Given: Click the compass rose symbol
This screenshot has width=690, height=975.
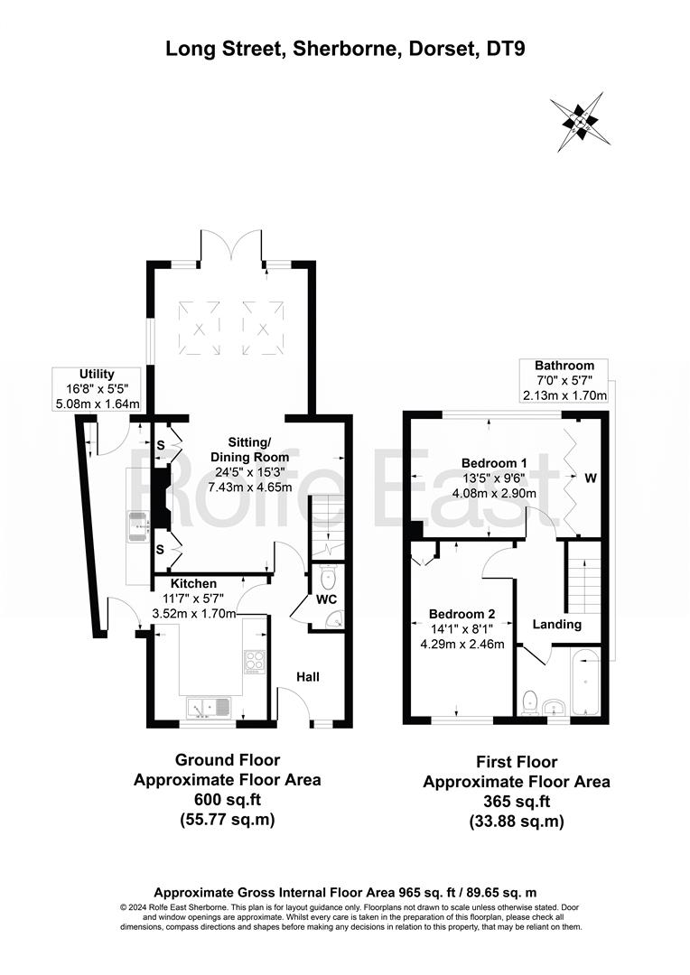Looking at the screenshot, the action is (x=580, y=121).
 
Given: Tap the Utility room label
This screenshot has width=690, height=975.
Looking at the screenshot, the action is (x=97, y=374).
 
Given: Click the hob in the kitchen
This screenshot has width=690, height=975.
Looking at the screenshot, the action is (x=255, y=662).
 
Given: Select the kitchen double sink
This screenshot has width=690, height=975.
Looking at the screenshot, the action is (x=209, y=707).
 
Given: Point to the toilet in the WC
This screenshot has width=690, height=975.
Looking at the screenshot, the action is (x=327, y=579).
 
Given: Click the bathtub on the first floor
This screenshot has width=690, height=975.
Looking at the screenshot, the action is (x=585, y=682).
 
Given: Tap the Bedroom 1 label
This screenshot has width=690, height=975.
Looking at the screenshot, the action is (x=494, y=462).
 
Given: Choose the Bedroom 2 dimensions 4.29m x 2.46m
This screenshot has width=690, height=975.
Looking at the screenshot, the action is (x=462, y=645).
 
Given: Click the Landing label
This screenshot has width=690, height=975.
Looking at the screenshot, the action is (x=557, y=625).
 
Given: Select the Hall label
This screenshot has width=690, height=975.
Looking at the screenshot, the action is (x=308, y=676).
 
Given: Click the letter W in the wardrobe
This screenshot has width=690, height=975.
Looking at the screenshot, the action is (x=591, y=478).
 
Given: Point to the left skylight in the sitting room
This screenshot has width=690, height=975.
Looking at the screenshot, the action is (x=199, y=328).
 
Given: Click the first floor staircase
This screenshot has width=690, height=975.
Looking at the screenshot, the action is (x=583, y=584).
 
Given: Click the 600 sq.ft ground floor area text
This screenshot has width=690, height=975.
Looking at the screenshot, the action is (x=227, y=799).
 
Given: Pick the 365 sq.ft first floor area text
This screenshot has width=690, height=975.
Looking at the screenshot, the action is (x=517, y=801).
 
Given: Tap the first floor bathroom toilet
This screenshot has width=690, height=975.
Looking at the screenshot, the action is (x=529, y=702).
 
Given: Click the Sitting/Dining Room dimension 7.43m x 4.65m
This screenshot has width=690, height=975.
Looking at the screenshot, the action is (x=250, y=487).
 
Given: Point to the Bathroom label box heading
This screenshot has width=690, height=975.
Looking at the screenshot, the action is (x=564, y=366).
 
